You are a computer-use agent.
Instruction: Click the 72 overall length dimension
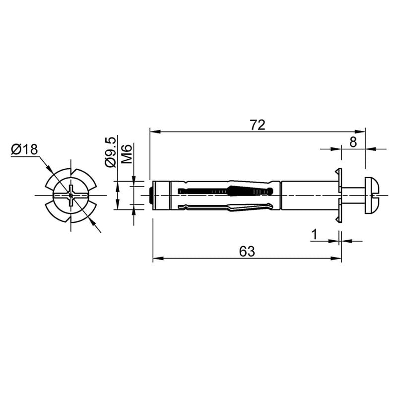258,125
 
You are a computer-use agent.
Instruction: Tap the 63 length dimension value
247,252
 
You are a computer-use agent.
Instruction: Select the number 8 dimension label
353,142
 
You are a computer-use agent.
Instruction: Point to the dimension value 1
314,234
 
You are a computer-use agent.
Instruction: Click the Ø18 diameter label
24,149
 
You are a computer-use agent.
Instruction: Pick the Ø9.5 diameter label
111,152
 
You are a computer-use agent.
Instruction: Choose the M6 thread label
127,154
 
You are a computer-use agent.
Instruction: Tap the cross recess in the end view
71,195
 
